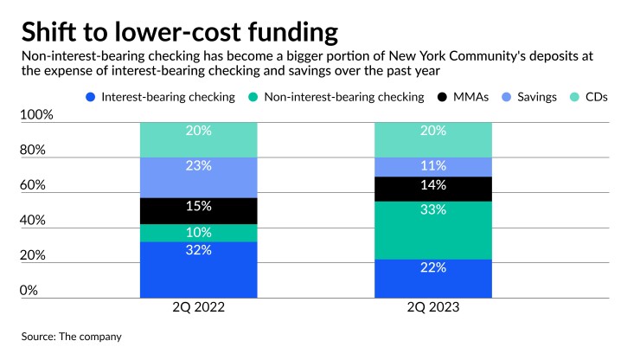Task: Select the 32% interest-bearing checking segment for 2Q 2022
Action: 199,269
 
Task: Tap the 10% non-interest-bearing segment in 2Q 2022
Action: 199,233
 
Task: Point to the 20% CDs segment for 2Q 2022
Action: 199,139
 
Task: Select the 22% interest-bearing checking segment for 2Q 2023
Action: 432,278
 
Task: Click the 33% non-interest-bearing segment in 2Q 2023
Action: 432,230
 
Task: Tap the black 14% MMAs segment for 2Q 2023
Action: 432,189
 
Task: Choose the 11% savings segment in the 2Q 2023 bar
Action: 432,166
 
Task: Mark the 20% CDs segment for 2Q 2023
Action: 432,139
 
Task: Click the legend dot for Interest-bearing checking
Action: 91,97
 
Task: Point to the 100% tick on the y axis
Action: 37,115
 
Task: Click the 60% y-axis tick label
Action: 34,185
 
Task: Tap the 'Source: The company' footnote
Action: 71,336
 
